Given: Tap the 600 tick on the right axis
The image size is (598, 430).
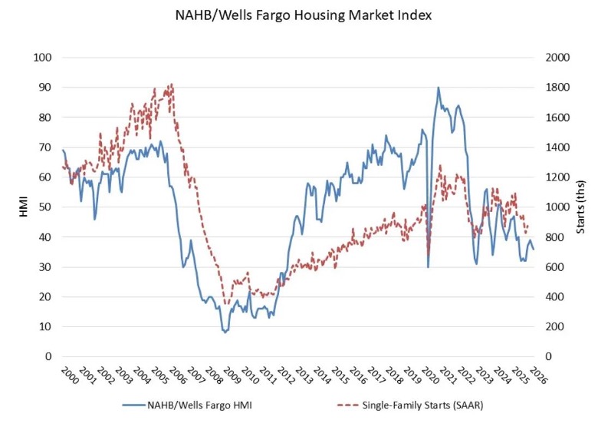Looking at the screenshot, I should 553,267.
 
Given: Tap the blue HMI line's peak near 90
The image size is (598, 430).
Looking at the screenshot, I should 439,88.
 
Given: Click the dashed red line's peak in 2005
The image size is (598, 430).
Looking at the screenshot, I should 171,84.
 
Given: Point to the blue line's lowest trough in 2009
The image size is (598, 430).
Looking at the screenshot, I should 225,332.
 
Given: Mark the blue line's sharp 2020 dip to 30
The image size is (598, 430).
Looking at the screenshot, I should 428,266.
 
